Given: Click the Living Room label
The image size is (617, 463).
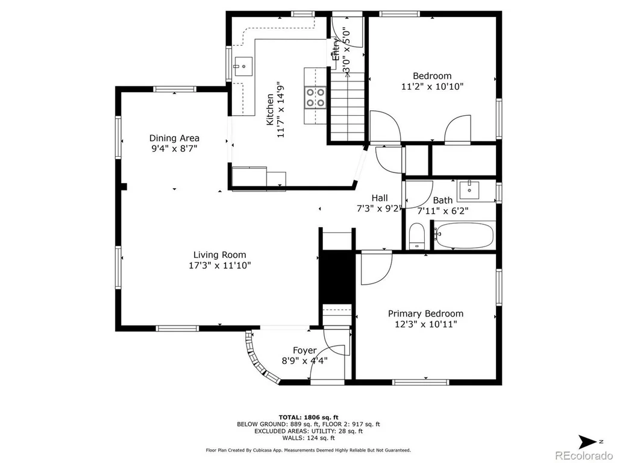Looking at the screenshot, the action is pyautogui.click(x=219, y=255).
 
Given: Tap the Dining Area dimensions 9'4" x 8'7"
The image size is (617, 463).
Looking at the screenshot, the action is pyautogui.click(x=174, y=148).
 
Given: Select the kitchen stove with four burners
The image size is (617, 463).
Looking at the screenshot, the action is pyautogui.click(x=316, y=97).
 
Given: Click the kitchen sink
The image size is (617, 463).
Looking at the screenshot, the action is pyautogui.click(x=243, y=66).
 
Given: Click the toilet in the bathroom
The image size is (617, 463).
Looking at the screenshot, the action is pyautogui.click(x=416, y=236).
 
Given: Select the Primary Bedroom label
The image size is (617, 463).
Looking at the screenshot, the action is pyautogui.click(x=425, y=313).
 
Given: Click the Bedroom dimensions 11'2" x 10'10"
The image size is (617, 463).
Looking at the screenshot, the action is pyautogui.click(x=432, y=86).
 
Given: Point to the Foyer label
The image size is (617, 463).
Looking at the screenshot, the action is pyautogui.click(x=304, y=350).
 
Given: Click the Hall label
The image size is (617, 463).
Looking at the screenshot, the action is pyautogui.click(x=380, y=198).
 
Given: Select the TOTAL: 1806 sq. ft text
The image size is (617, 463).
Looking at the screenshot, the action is pyautogui.click(x=308, y=417).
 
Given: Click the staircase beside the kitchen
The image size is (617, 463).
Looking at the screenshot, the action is pyautogui.click(x=348, y=106).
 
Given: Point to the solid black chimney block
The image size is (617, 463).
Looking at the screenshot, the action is pyautogui.click(x=337, y=276).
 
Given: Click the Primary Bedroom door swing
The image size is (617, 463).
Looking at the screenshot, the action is pyautogui.click(x=377, y=268).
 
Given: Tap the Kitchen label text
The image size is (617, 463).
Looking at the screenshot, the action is pyautogui.click(x=270, y=110).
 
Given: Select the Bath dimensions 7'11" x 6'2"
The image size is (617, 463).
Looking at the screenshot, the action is pyautogui.click(x=443, y=211).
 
